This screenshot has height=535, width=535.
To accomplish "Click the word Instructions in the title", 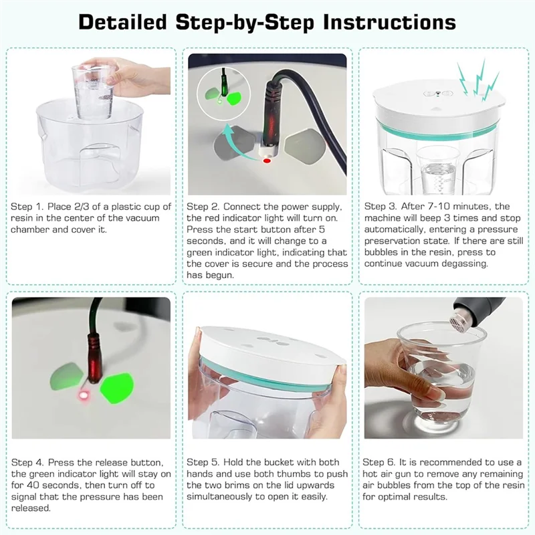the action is pos(389,23).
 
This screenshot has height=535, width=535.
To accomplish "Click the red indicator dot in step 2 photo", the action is pos(267,160).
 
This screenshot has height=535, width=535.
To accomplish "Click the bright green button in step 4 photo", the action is pos(116,389).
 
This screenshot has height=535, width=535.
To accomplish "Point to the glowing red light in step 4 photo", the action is pos(83,395).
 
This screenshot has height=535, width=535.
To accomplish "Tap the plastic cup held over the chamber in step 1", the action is pos(93,92).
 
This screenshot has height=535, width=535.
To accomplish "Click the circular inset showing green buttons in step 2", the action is pos(223,94).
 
